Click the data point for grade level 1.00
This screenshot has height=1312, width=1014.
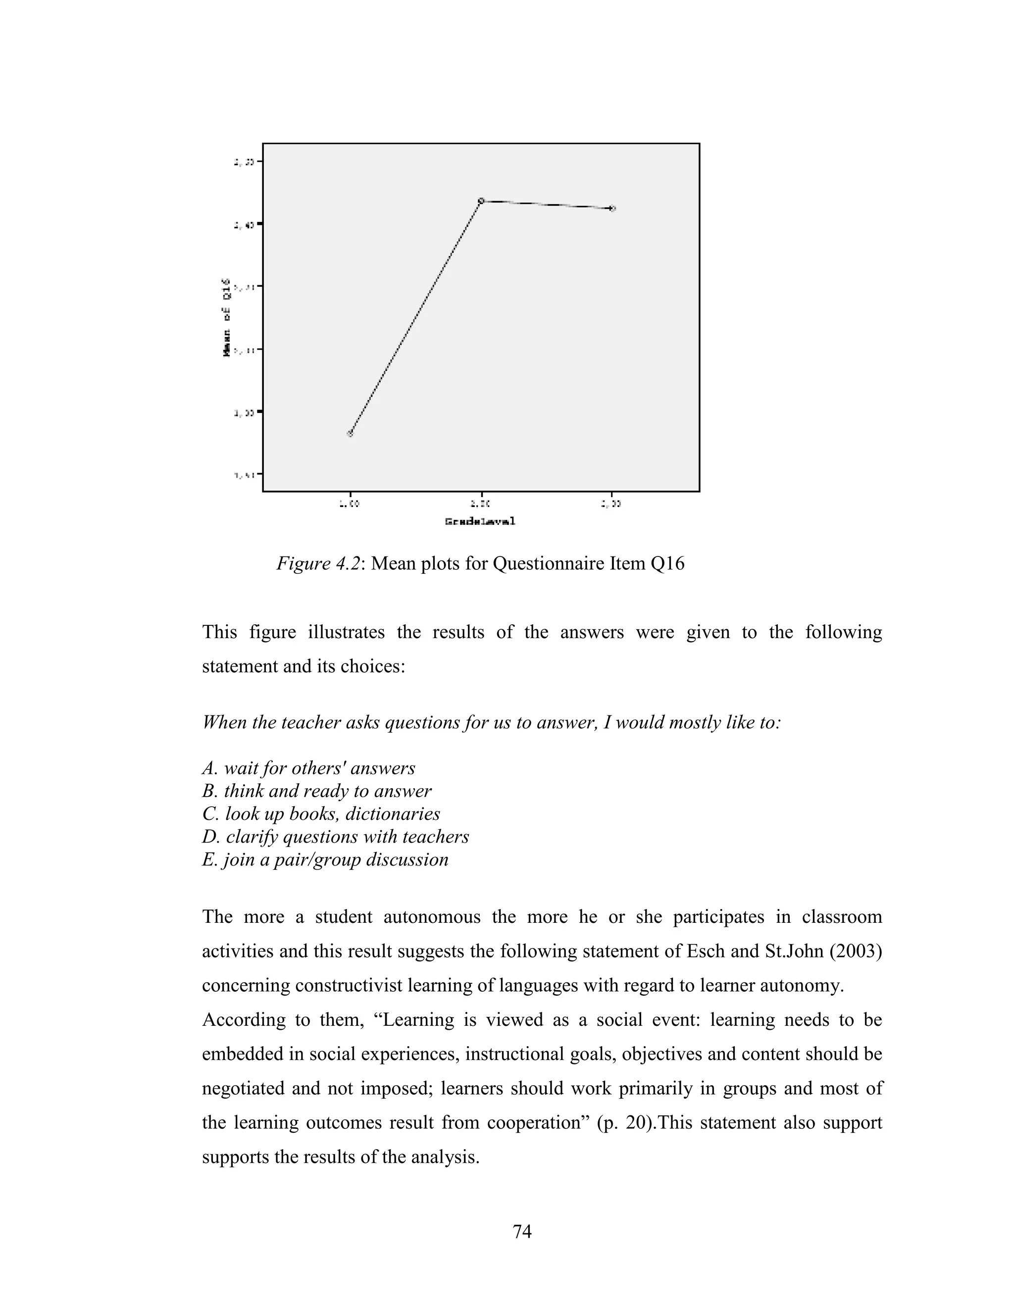350,433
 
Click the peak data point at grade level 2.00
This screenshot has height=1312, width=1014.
481,201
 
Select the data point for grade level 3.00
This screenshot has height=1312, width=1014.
612,208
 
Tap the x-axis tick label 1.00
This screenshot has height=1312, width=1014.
350,504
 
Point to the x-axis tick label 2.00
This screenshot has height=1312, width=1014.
481,504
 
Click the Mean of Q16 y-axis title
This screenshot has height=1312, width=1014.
226,318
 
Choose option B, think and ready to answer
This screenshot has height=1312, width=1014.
316,791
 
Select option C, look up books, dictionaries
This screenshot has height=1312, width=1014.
321,814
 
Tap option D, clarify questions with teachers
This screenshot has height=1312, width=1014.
335,837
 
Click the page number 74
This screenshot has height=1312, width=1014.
522,1232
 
